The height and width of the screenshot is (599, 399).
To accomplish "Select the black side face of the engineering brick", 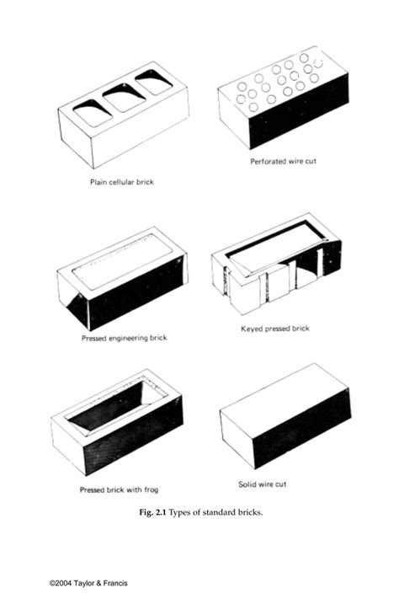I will point(135,295).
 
